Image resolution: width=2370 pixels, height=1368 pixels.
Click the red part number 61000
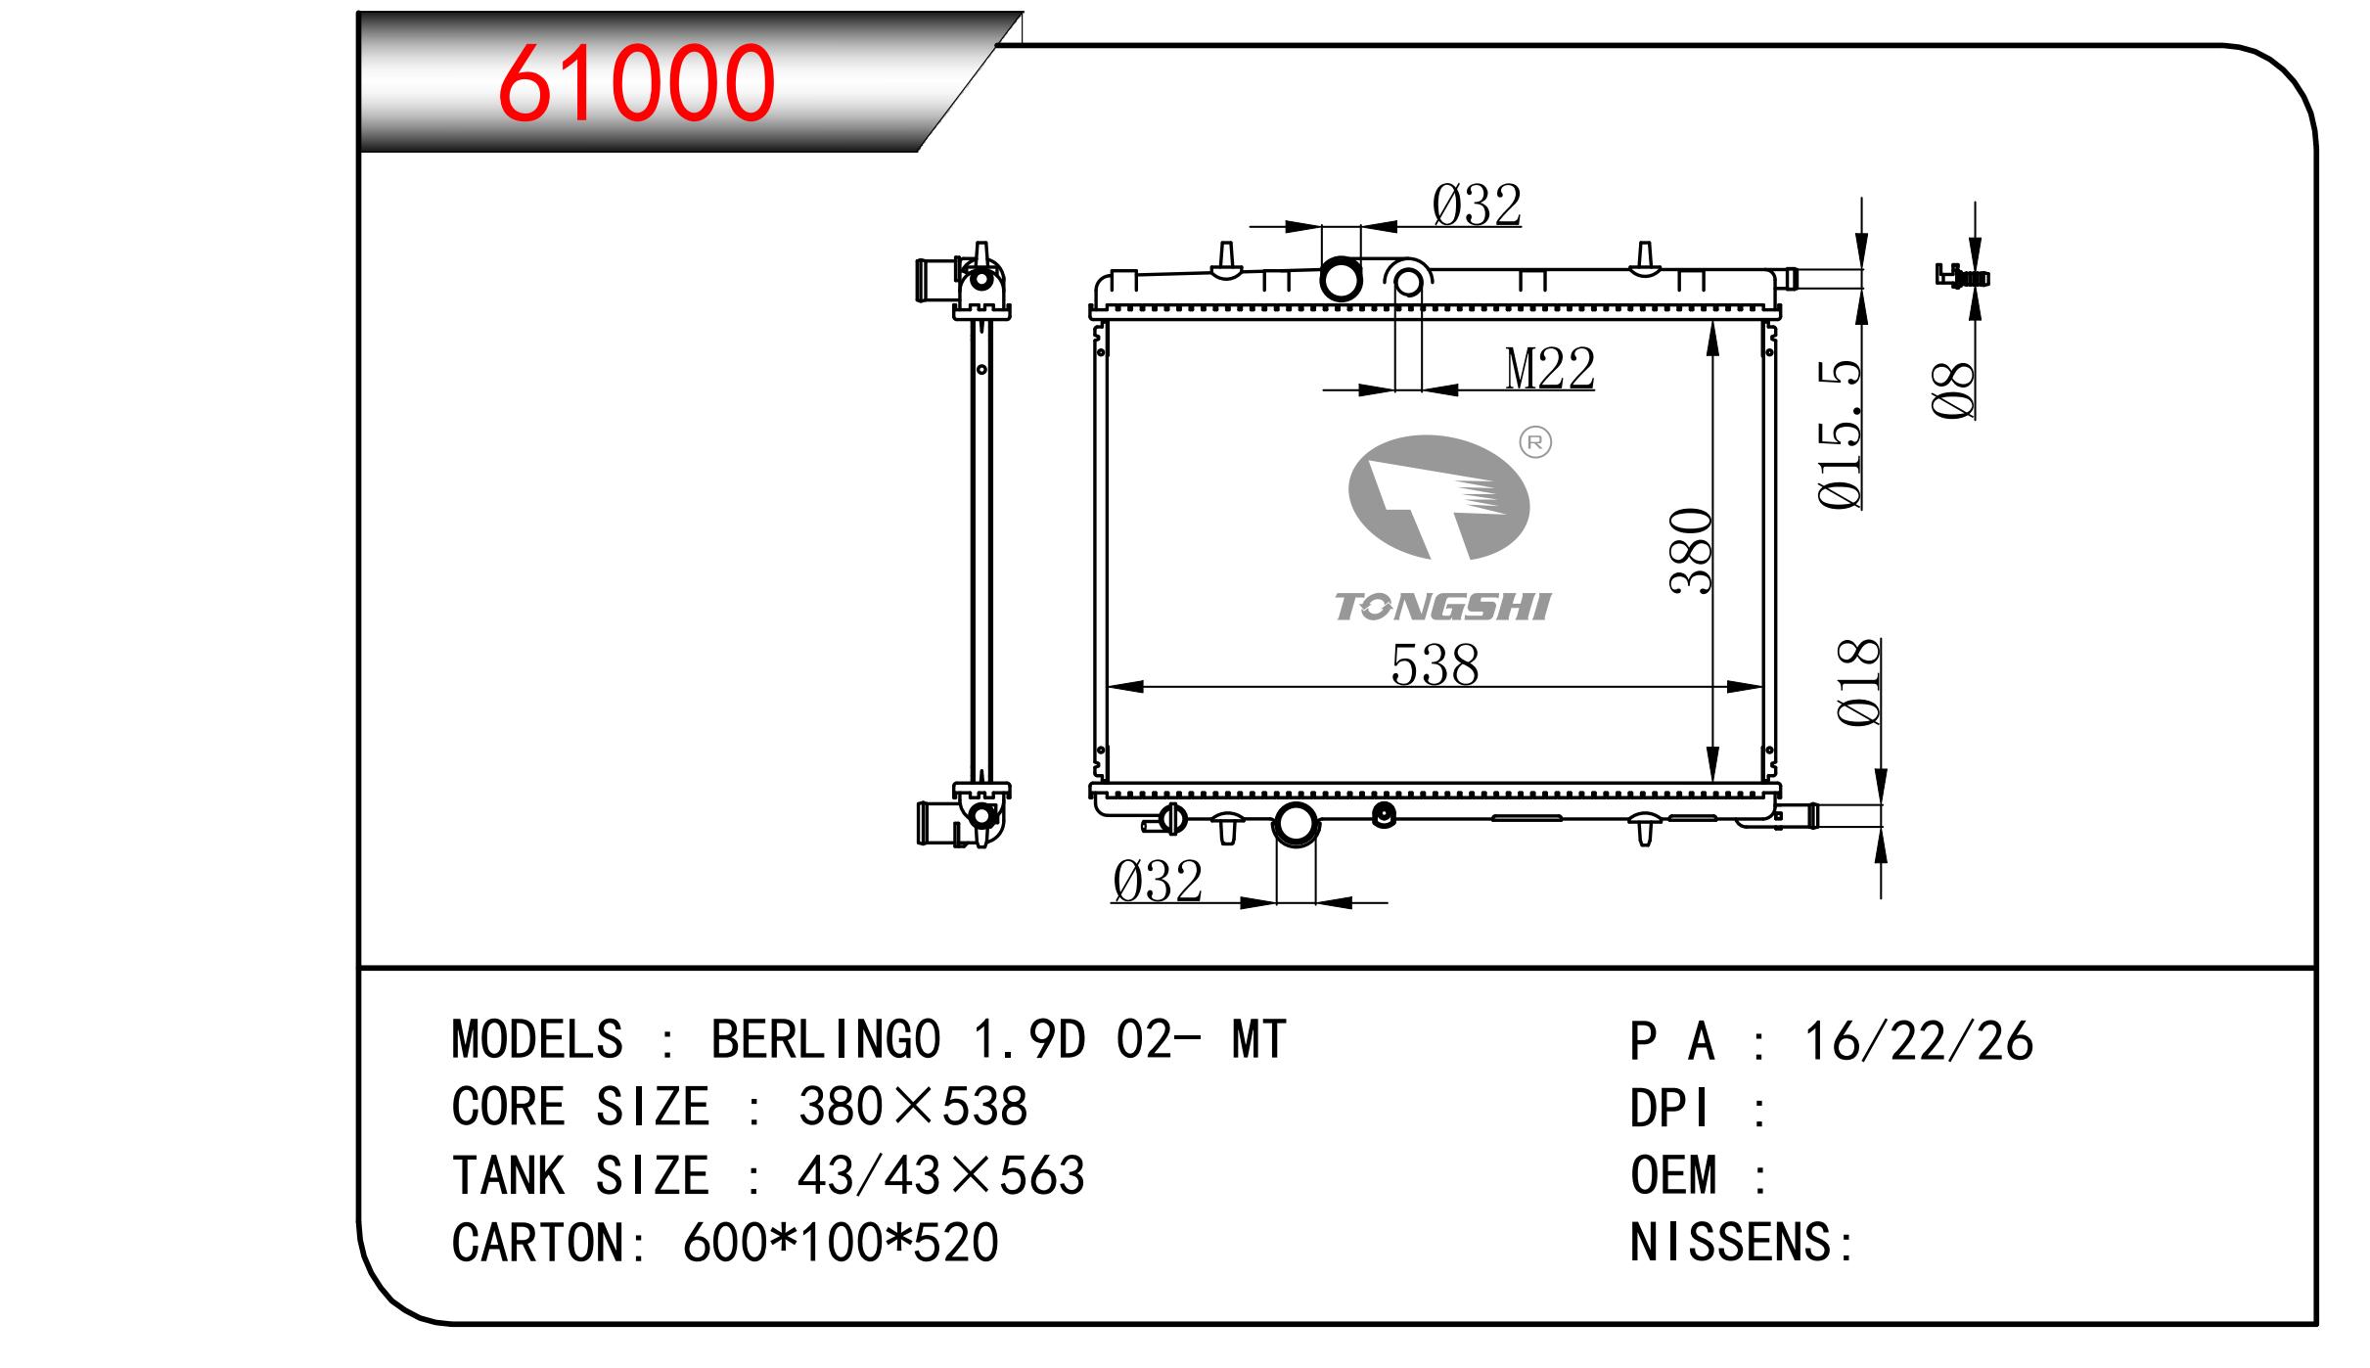(x=636, y=83)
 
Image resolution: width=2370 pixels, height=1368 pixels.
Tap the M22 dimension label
(x=1550, y=368)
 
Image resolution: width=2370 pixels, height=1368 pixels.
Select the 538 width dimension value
(x=1435, y=665)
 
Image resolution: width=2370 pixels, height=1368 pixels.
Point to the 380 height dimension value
(x=1692, y=551)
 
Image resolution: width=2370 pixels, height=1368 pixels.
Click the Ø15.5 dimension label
(x=1840, y=434)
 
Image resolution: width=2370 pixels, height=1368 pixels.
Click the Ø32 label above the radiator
(x=1477, y=205)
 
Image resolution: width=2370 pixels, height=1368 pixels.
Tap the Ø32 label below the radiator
(x=1157, y=882)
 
